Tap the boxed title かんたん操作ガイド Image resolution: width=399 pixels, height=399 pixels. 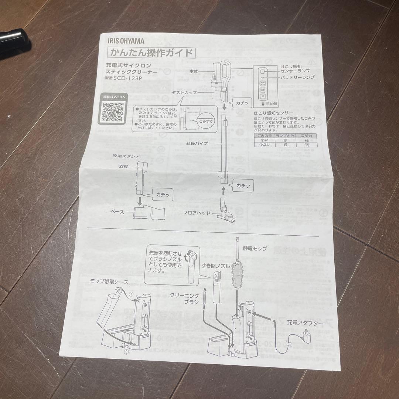[151, 52]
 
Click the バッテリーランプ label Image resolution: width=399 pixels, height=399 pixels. [297, 77]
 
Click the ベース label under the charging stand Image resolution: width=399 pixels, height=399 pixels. [117, 212]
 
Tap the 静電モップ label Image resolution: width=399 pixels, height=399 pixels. [255, 249]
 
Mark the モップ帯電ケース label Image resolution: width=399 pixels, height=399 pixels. [109, 282]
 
